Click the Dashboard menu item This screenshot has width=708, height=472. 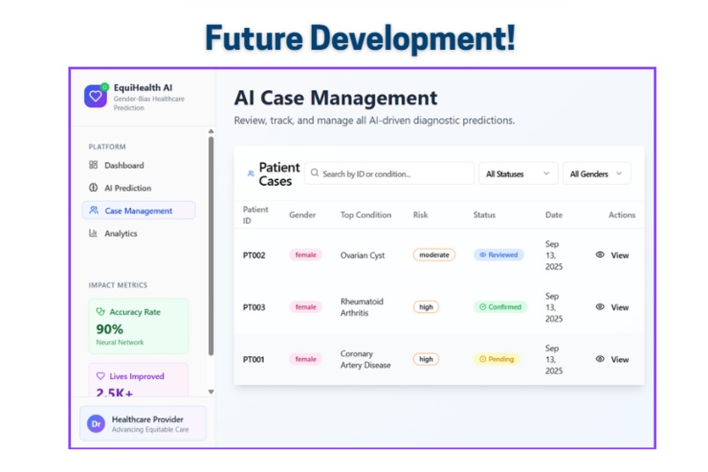pyautogui.click(x=117, y=166)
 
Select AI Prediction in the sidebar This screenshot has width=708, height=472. pyautogui.click(x=120, y=188)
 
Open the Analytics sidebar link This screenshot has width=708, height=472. pyautogui.click(x=113, y=233)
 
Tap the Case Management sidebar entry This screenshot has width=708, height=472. pyautogui.click(x=139, y=211)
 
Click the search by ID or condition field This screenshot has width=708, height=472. pyautogui.click(x=389, y=174)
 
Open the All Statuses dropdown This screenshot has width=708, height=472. pyautogui.click(x=518, y=174)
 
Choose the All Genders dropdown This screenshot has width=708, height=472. pyautogui.click(x=596, y=174)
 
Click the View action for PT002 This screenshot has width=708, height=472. pyautogui.click(x=612, y=255)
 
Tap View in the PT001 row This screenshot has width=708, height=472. pyautogui.click(x=612, y=360)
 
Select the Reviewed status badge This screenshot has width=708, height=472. pyautogui.click(x=498, y=254)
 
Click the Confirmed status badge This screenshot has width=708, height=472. pyautogui.click(x=500, y=307)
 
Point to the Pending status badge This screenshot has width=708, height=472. pyautogui.click(x=496, y=360)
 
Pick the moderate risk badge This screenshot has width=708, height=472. pyautogui.click(x=434, y=254)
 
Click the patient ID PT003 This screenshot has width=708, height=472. pyautogui.click(x=254, y=307)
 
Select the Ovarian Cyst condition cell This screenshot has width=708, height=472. pyautogui.click(x=363, y=255)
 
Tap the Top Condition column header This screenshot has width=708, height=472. pyautogui.click(x=365, y=215)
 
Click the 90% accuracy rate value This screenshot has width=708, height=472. pyautogui.click(x=109, y=329)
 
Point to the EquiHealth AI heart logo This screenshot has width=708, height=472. pyautogui.click(x=96, y=96)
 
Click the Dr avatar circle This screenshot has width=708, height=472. pyautogui.click(x=96, y=424)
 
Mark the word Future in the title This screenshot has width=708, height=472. pyautogui.click(x=254, y=38)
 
